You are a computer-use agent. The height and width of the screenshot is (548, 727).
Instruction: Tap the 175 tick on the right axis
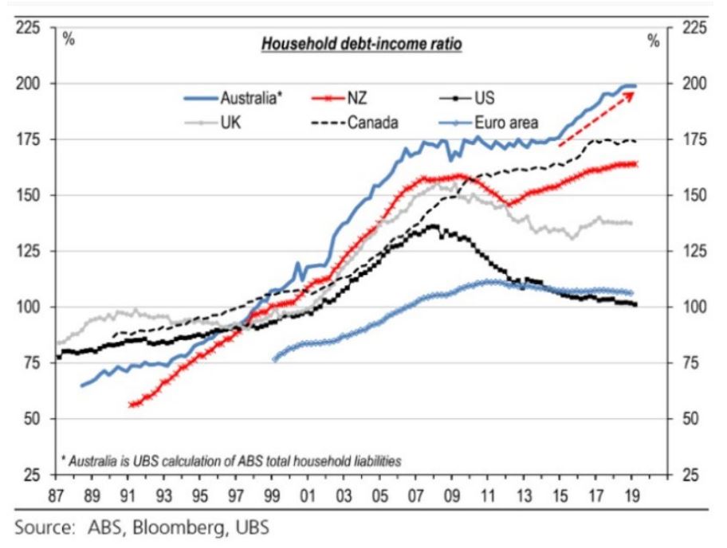[695, 140]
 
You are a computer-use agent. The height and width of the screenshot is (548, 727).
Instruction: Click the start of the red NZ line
[131, 405]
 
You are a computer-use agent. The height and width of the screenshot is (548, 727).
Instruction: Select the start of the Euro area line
[275, 359]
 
